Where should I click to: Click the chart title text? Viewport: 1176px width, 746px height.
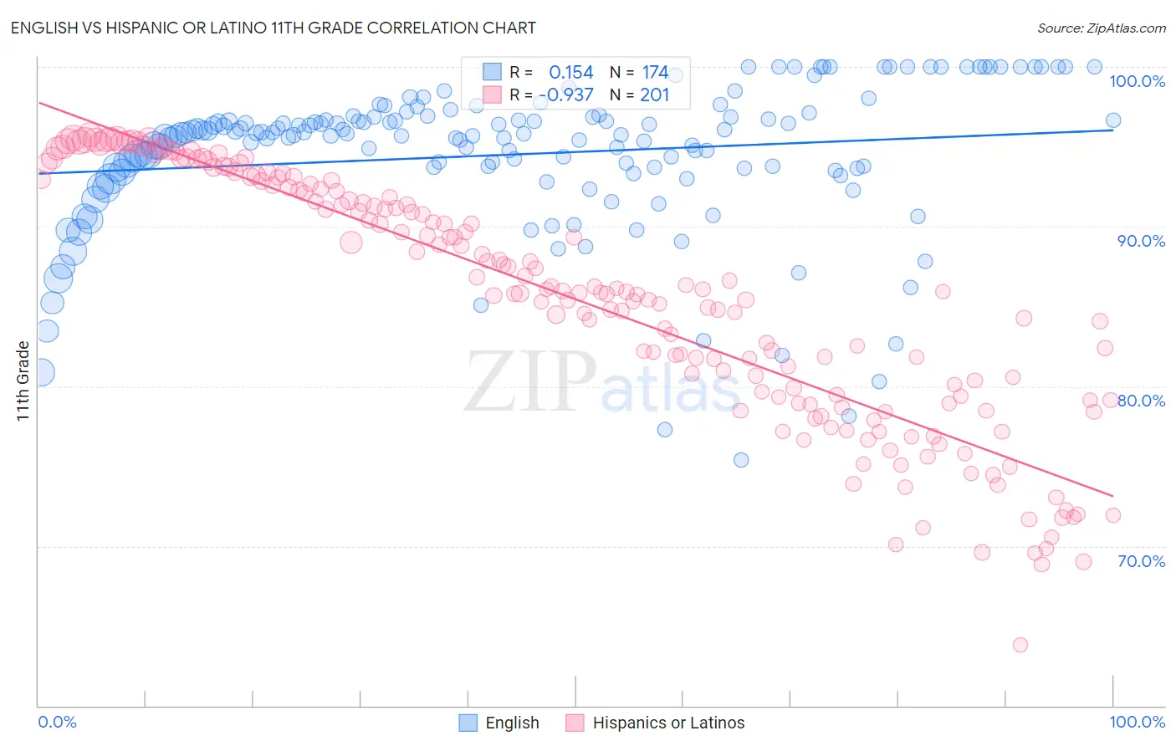(274, 28)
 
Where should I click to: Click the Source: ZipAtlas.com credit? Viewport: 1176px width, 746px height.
(1101, 28)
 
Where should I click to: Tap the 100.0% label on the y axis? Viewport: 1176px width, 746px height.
(1137, 81)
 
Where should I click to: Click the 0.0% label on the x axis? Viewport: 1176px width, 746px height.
(57, 722)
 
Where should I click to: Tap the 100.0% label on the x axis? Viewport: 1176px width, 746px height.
(1137, 722)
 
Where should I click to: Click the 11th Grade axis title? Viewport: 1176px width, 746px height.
(23, 381)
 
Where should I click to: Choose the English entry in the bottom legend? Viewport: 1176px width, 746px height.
(512, 723)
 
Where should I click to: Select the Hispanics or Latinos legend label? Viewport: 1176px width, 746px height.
(668, 723)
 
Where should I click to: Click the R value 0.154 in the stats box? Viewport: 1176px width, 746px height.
(571, 73)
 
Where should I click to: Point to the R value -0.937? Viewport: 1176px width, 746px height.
(566, 95)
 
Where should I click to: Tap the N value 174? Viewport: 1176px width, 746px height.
(655, 73)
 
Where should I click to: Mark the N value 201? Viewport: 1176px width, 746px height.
(655, 95)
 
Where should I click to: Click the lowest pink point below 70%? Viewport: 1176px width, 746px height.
(1020, 645)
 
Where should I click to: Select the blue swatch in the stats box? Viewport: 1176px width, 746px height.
(492, 72)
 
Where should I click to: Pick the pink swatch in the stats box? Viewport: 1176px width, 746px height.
(492, 95)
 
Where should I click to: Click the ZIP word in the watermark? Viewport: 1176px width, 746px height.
(530, 381)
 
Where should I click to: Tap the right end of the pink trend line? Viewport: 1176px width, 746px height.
(1112, 496)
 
